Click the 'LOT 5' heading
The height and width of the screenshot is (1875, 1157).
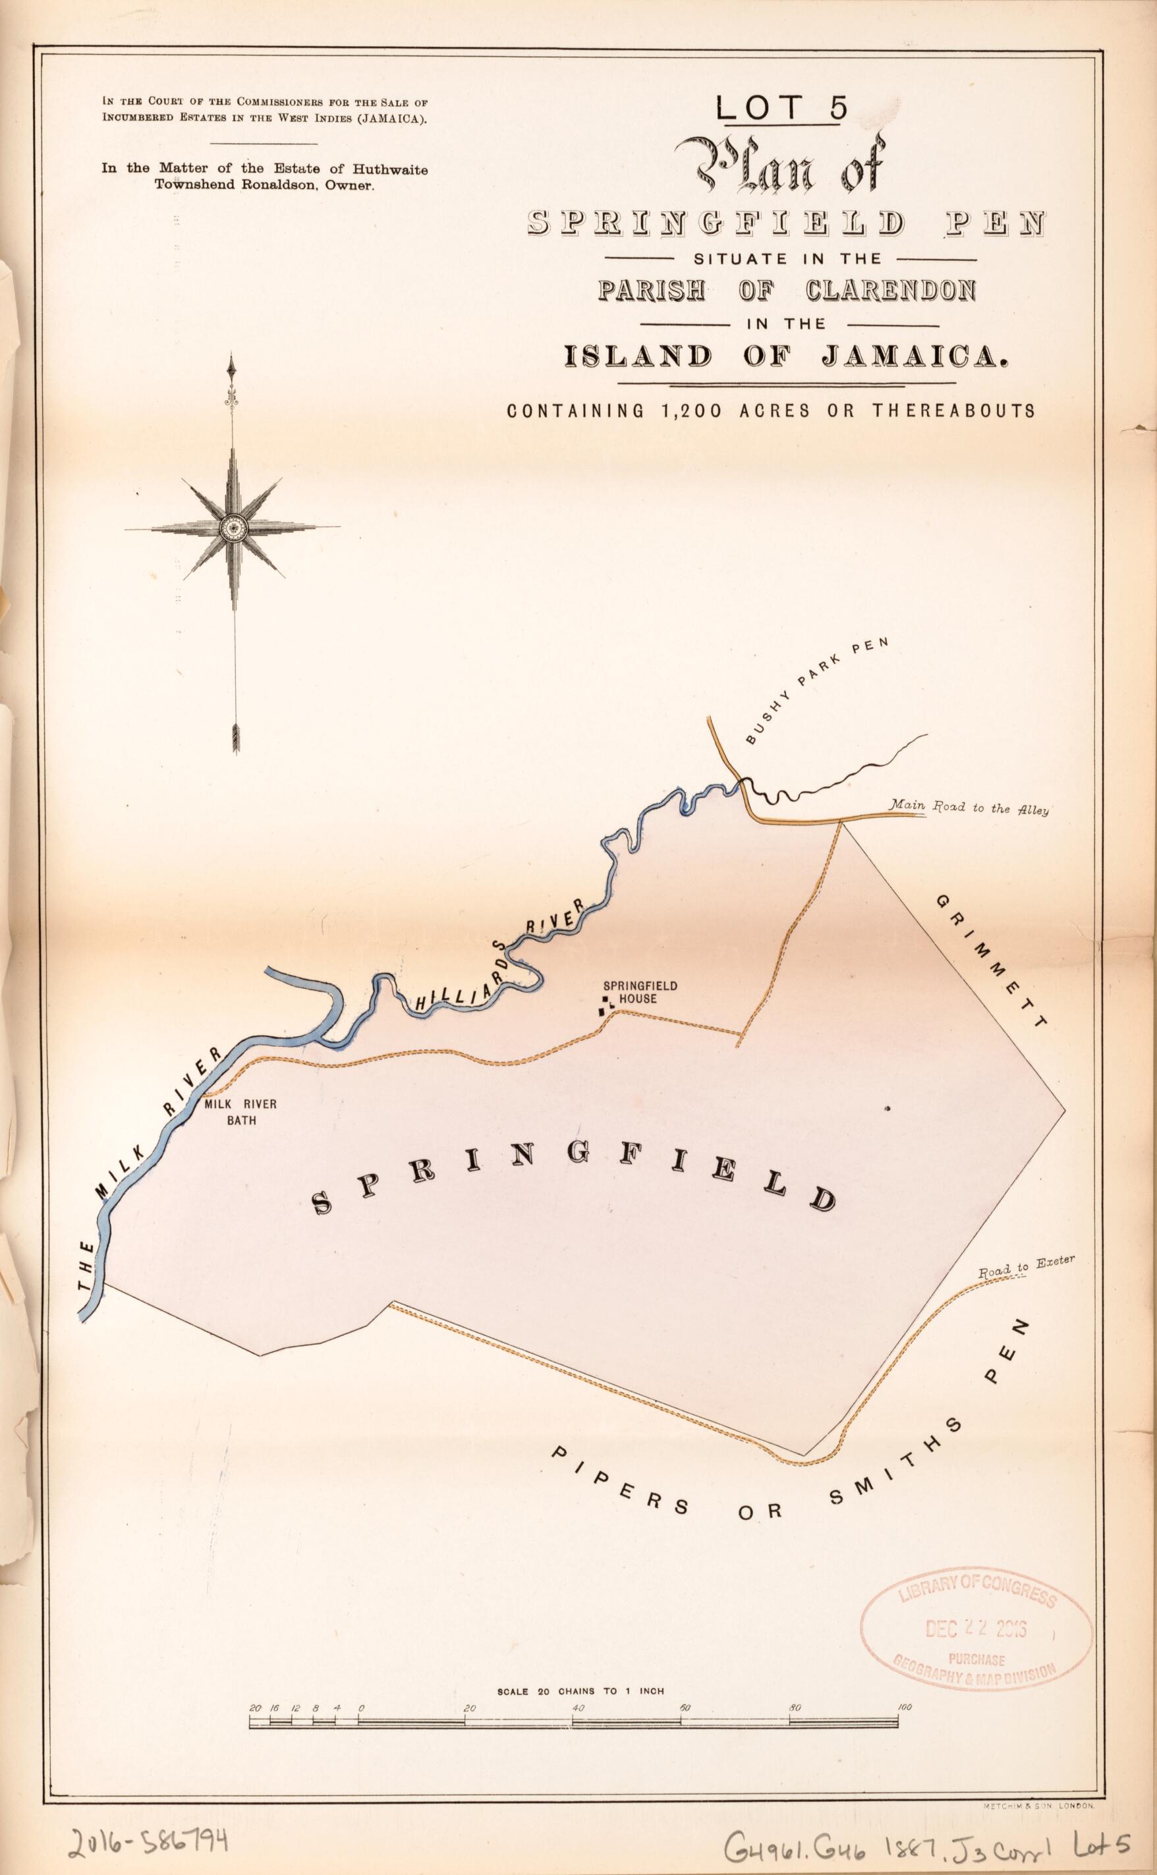click(x=782, y=108)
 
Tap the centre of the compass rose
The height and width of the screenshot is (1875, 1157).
click(x=232, y=527)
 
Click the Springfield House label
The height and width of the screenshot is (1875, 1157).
click(x=629, y=992)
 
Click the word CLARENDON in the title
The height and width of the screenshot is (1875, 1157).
click(x=891, y=291)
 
